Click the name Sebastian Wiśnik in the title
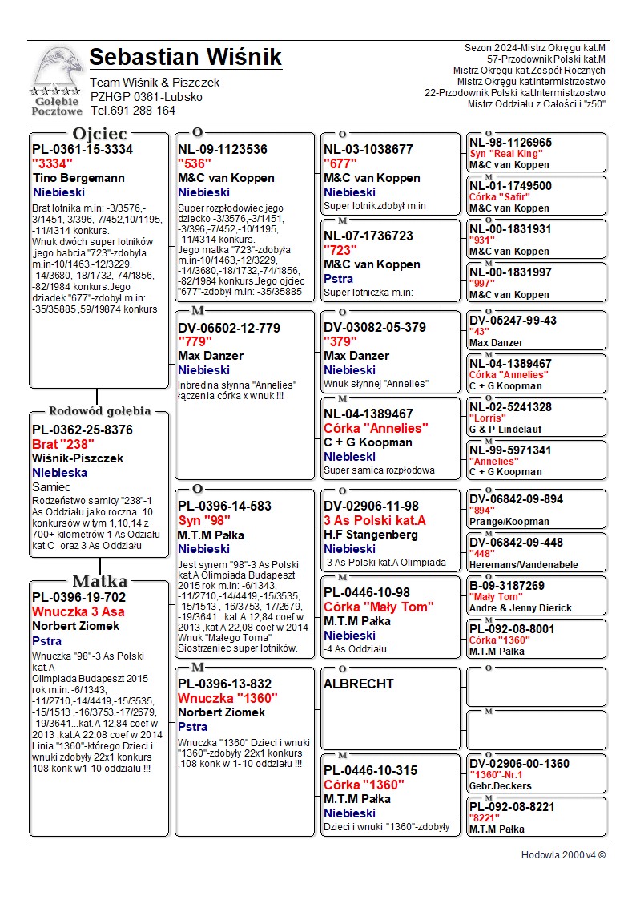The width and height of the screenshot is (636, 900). (x=185, y=58)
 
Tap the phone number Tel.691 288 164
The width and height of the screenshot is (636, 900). (x=132, y=111)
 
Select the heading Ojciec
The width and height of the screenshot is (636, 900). (x=99, y=134)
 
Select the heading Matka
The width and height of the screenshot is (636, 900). (x=99, y=581)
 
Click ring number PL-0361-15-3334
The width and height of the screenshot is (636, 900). (x=83, y=150)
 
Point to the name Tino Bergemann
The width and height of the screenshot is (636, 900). (x=79, y=178)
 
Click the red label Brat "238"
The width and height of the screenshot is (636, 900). (x=63, y=444)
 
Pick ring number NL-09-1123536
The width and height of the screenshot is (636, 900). (x=223, y=150)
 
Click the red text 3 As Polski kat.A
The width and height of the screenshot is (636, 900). (x=375, y=520)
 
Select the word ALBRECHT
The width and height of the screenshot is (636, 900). (x=359, y=684)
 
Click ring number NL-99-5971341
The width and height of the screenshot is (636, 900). (x=510, y=450)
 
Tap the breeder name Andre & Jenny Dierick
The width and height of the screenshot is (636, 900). (x=521, y=608)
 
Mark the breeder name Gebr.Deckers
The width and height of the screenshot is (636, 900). (x=501, y=786)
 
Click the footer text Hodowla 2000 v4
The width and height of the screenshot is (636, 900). (x=563, y=855)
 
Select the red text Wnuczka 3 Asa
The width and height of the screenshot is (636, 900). (x=78, y=612)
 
